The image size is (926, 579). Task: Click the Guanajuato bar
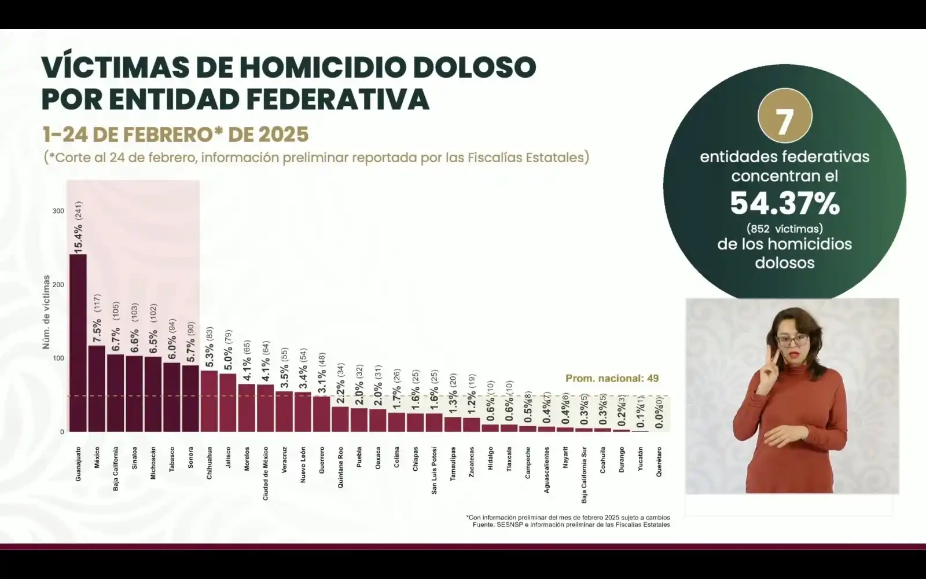(78, 343)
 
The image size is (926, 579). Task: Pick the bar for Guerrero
(321, 414)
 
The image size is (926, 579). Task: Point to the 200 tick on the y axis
(58, 285)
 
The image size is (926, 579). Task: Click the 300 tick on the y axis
(58, 211)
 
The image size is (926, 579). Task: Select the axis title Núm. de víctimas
(46, 312)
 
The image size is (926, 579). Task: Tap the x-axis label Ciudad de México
(265, 473)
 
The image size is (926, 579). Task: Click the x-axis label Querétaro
(659, 461)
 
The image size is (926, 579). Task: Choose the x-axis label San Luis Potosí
(434, 470)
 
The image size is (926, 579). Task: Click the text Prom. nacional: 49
(612, 379)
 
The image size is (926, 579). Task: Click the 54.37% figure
(784, 203)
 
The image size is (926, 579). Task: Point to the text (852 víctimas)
(784, 228)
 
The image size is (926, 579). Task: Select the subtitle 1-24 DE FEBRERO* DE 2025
(175, 134)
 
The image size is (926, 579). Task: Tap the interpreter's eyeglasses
(792, 339)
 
